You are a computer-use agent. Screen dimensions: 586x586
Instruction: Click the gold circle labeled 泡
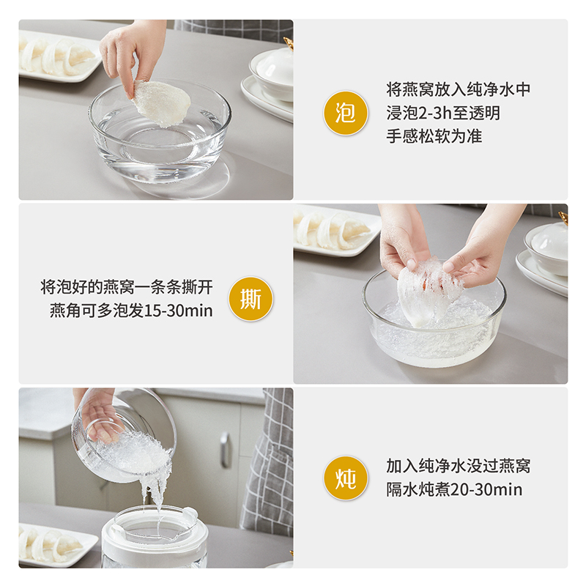tap(345, 113)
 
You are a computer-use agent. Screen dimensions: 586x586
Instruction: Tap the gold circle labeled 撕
tap(251, 299)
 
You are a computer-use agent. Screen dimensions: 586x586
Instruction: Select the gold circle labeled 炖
tap(345, 478)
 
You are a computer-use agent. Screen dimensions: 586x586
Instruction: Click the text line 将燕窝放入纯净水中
tap(459, 89)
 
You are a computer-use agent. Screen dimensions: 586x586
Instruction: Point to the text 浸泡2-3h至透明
tap(443, 113)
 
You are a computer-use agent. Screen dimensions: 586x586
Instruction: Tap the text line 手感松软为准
tap(434, 136)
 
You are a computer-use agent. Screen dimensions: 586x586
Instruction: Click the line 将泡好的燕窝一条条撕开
tap(127, 287)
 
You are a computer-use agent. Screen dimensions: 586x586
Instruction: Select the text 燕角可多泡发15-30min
tap(131, 311)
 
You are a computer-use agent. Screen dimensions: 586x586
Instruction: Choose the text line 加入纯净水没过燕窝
tap(459, 466)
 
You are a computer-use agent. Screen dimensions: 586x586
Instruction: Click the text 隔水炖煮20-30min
tap(454, 489)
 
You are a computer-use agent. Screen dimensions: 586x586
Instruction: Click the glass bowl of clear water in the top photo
tap(160, 135)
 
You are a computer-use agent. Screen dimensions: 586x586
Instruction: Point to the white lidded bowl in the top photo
tap(272, 75)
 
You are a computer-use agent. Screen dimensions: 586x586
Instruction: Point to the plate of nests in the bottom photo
tap(56, 545)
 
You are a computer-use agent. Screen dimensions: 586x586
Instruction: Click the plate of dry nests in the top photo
tap(58, 56)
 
